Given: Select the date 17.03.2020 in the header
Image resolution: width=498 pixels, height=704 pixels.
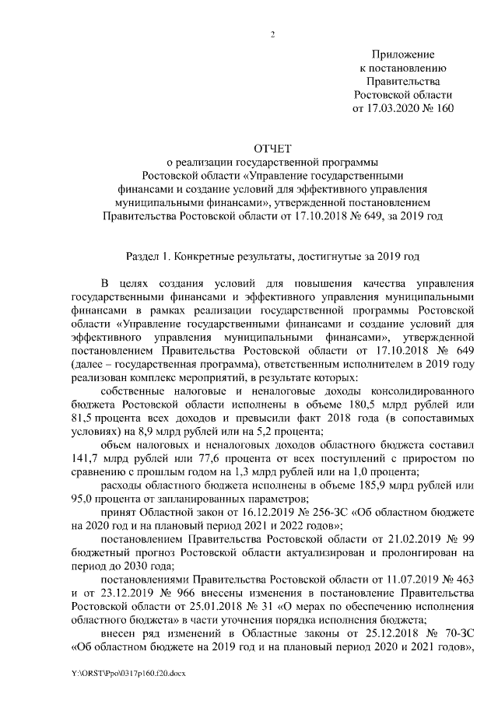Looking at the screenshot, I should click(x=392, y=109).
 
